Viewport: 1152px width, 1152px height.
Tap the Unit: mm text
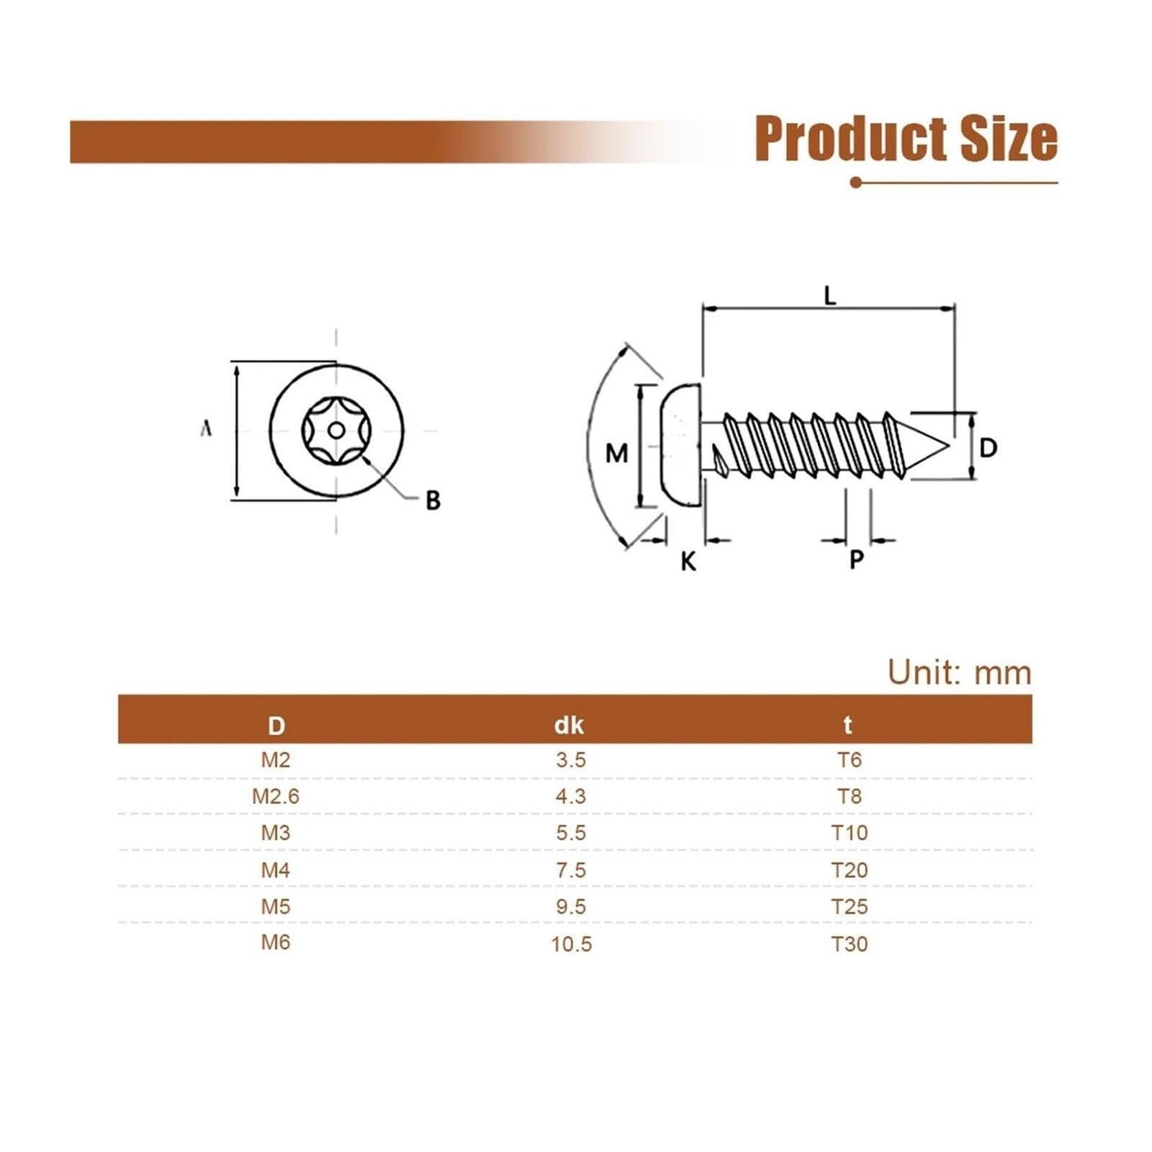coord(959,672)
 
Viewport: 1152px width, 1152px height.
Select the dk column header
coord(569,725)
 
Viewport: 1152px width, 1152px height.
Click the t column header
coord(848,725)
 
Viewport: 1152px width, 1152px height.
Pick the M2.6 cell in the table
coord(275,796)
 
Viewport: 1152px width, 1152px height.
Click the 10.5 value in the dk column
coord(571,944)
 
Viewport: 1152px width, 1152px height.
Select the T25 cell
coord(850,906)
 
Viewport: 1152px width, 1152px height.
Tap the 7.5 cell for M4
coord(571,870)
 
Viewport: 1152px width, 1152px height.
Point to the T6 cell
coord(850,760)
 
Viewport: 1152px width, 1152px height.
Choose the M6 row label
coord(275,942)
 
